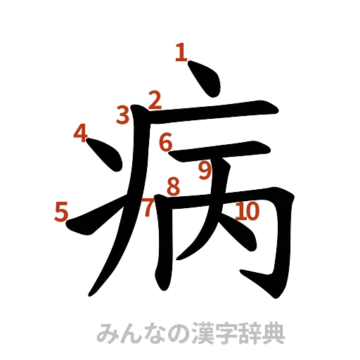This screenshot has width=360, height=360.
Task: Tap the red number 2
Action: pyautogui.click(x=155, y=100)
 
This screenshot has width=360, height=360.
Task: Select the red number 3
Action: pyautogui.click(x=124, y=114)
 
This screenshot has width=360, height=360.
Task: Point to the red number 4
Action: pyautogui.click(x=81, y=131)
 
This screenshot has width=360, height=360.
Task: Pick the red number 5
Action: pyautogui.click(x=61, y=211)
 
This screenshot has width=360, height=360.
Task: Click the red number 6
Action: pyautogui.click(x=166, y=142)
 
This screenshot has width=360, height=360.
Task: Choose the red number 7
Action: pyautogui.click(x=148, y=207)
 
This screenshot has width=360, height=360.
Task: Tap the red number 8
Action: pyautogui.click(x=172, y=187)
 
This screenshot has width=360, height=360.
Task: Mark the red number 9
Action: pyautogui.click(x=205, y=169)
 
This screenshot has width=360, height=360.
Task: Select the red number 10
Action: pyautogui.click(x=248, y=210)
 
